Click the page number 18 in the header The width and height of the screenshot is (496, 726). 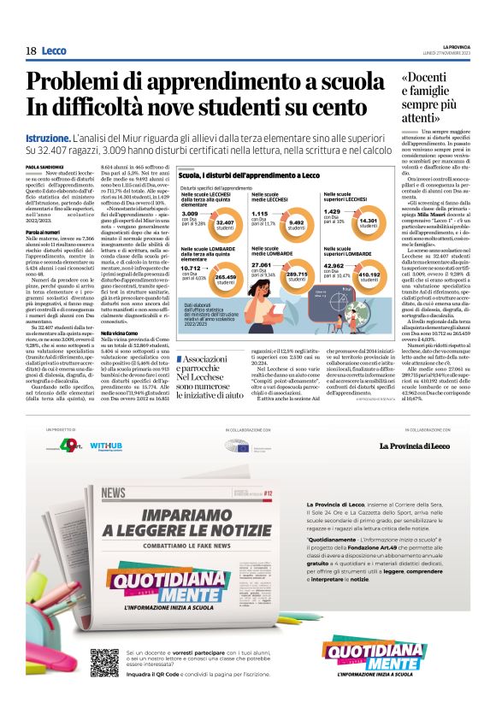tap(31, 51)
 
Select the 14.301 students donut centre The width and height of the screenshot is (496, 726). tap(368, 222)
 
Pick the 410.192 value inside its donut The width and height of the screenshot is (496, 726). tap(369, 276)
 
